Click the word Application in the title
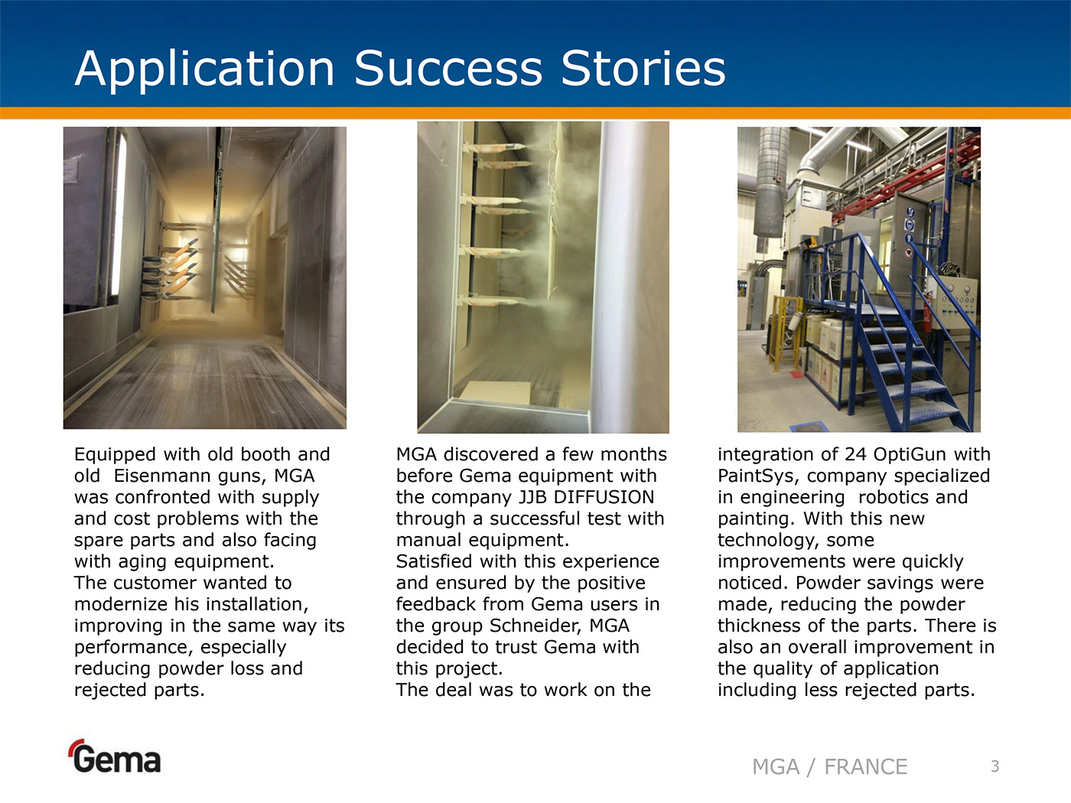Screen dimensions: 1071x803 [x=204, y=70]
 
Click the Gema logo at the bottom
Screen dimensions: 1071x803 [x=116, y=756]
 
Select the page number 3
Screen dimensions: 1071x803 [x=994, y=766]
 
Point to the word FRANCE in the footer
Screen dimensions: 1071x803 [x=866, y=767]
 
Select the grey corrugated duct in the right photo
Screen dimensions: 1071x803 [x=770, y=185]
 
